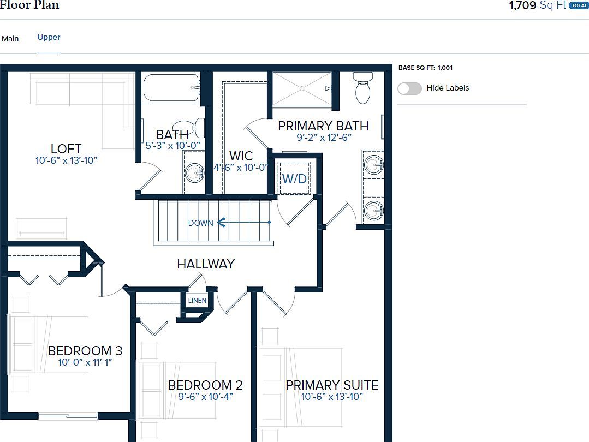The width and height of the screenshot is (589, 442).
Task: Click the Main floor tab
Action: click(x=10, y=39)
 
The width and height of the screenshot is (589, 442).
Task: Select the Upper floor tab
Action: click(x=49, y=37)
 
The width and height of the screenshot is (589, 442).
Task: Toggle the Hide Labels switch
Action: click(x=409, y=88)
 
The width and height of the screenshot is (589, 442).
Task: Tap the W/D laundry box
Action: click(x=294, y=178)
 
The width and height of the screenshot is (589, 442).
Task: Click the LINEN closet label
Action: click(x=197, y=301)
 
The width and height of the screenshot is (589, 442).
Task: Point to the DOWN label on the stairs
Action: click(x=200, y=223)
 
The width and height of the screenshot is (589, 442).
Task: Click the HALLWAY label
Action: click(x=206, y=264)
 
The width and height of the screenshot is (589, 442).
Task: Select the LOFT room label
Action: click(x=66, y=148)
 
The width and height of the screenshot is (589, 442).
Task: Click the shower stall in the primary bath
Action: click(x=302, y=88)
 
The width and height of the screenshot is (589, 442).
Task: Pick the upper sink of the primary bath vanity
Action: click(x=374, y=165)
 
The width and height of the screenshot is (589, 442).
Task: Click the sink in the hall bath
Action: click(x=194, y=174)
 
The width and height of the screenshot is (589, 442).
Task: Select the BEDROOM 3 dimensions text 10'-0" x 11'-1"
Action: click(x=85, y=362)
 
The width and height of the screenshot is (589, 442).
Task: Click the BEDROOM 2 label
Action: click(x=205, y=385)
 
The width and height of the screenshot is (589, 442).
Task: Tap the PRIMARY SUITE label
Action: click(x=332, y=385)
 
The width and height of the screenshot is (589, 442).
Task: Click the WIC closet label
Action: click(x=241, y=156)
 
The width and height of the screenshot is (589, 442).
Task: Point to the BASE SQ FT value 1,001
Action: click(x=445, y=68)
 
